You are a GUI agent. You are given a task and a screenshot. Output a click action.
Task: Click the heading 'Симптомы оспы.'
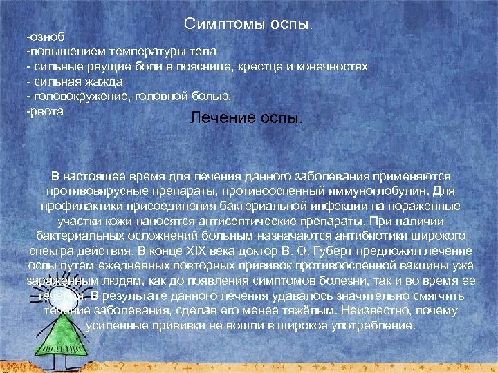point(249,24)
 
